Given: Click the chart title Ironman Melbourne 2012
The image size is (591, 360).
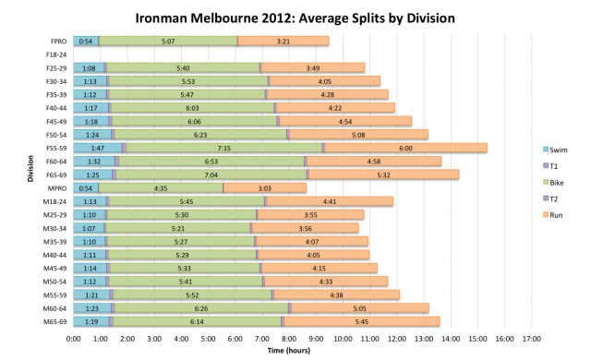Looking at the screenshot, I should pyautogui.click(x=295, y=18).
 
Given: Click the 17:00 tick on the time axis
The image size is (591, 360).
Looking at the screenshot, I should pyautogui.click(x=531, y=338).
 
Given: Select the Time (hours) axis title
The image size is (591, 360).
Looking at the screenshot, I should pyautogui.click(x=295, y=351).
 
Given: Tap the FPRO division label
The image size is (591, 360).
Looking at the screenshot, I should pyautogui.click(x=57, y=41).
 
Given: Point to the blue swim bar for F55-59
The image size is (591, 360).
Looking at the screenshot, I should pyautogui.click(x=97, y=148).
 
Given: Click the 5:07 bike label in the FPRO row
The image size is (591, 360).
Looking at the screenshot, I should pyautogui.click(x=168, y=41).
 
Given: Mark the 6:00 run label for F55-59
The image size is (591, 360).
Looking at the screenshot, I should pyautogui.click(x=406, y=148).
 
